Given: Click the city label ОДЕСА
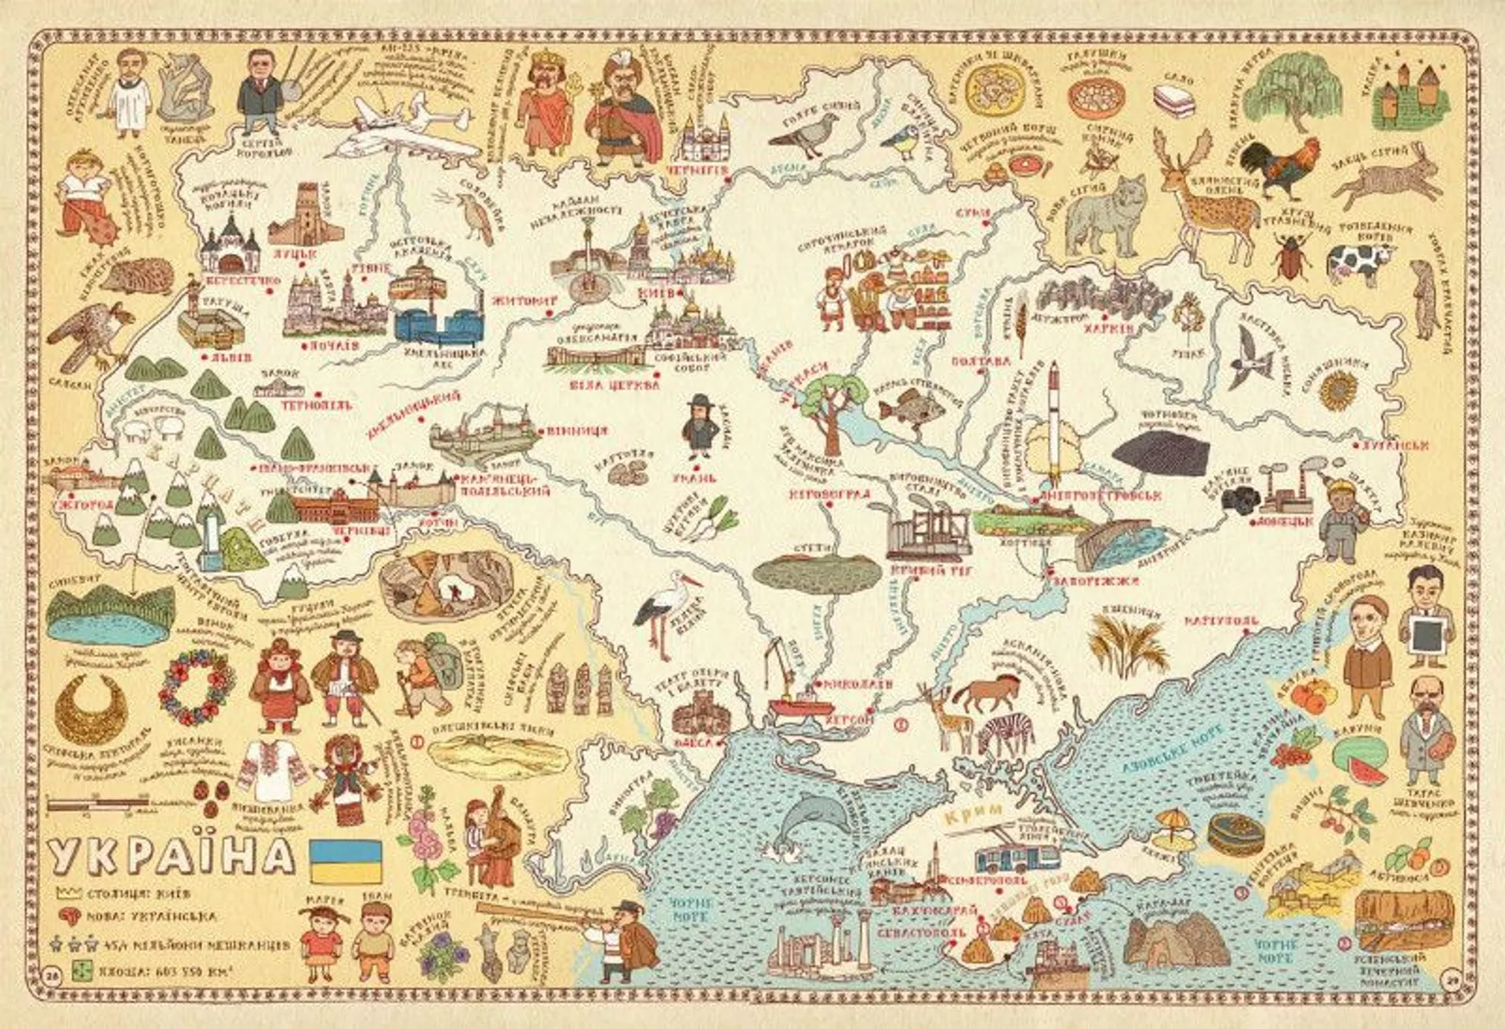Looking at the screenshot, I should (x=694, y=741).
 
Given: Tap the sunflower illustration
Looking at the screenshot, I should (x=1338, y=389).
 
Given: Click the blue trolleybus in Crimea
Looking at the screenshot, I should (x=1017, y=858).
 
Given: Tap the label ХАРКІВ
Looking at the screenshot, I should (x=1108, y=329).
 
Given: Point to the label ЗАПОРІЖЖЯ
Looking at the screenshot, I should (x=1107, y=581).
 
